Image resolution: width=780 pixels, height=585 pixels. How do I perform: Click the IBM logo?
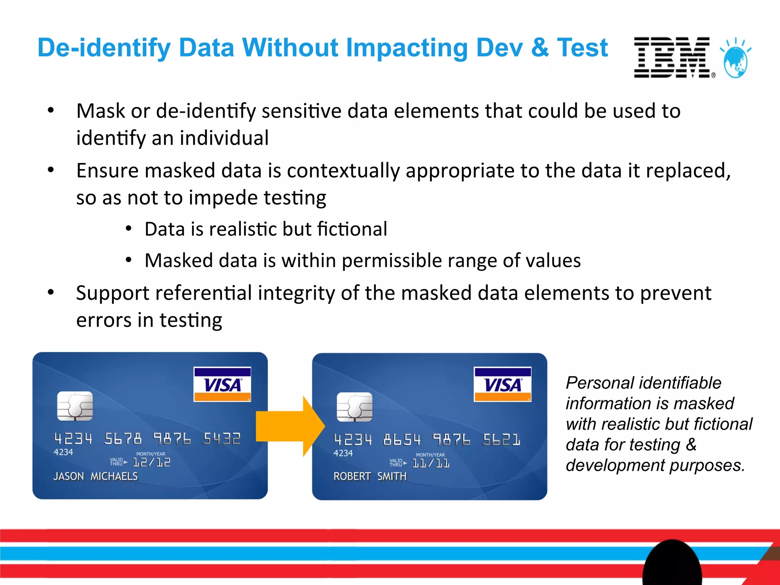672,58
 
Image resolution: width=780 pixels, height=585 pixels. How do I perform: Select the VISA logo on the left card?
222,384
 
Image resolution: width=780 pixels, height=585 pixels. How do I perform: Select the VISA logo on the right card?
502,384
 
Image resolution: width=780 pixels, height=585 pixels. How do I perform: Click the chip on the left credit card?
75,406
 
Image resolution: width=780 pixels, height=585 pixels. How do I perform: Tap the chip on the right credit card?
355,407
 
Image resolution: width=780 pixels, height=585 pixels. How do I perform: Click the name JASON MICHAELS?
96,476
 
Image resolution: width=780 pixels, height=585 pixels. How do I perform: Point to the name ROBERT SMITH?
370,476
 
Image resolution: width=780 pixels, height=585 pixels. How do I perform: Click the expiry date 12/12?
151,462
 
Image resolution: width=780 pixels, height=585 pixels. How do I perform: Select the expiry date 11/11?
431,463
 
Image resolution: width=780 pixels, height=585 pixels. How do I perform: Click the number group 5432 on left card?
222,439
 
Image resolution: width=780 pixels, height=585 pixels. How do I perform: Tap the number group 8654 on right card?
402,440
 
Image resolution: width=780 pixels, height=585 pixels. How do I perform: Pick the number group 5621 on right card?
501,440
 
